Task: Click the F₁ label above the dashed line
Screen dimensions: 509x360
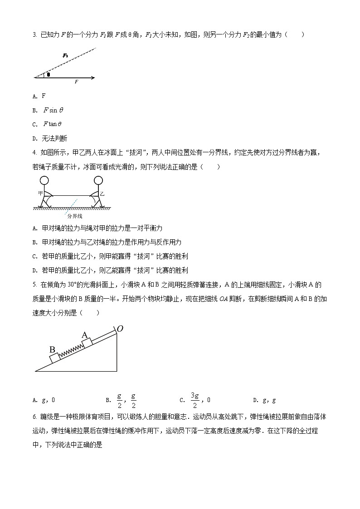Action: [x=66, y=55]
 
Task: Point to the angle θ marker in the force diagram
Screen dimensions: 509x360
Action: [x=49, y=74]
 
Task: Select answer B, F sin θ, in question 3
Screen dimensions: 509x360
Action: [x=53, y=110]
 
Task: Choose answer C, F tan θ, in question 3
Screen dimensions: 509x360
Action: [x=52, y=124]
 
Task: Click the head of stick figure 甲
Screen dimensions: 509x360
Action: [x=44, y=180]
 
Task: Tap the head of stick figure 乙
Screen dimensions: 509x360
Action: [x=98, y=180]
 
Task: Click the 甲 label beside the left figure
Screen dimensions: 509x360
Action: [x=40, y=193]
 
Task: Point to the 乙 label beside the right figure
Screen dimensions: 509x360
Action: [x=102, y=194]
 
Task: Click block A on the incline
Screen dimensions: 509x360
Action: [x=87, y=341]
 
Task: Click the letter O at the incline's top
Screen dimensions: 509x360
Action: [x=120, y=328]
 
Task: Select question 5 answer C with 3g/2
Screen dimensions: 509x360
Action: [x=195, y=400]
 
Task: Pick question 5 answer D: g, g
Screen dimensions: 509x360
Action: [x=267, y=400]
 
